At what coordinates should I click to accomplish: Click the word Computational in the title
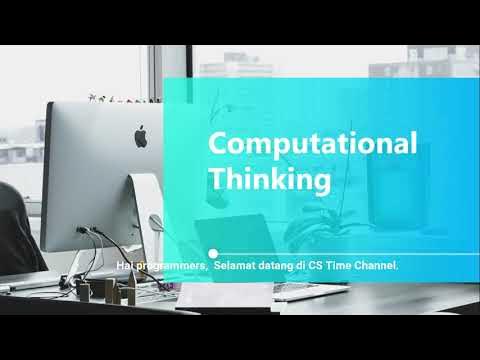point(312,144)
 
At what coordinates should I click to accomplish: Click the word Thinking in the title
point(269,180)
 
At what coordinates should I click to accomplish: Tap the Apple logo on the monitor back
point(141,134)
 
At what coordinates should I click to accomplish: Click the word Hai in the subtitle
point(125,265)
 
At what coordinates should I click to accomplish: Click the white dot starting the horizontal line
point(212,253)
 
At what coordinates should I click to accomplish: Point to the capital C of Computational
point(217,144)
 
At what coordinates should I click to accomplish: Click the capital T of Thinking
point(216,180)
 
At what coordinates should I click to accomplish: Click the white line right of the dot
point(350,253)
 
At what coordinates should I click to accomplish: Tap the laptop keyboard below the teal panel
point(290,291)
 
